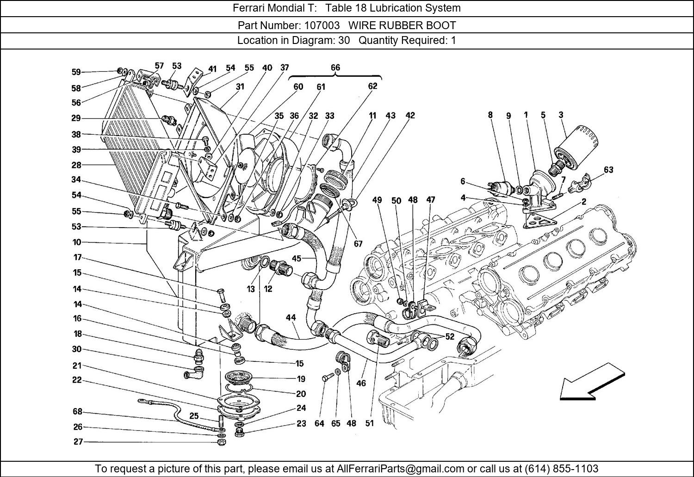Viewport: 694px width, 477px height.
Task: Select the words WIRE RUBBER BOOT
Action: tap(402, 25)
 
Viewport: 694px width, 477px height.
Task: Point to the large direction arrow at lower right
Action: tap(592, 381)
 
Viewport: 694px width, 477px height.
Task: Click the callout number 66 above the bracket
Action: tap(335, 68)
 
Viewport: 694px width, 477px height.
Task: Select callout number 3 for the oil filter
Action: tap(561, 115)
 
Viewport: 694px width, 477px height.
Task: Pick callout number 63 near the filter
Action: tap(608, 170)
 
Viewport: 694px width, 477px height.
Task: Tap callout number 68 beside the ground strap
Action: tap(77, 412)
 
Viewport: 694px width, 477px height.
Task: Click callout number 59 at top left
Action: tap(76, 72)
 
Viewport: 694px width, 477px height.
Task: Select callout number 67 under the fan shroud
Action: tap(358, 243)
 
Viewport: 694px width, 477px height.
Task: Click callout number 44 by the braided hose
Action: tap(291, 318)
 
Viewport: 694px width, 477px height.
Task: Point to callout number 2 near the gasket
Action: tap(583, 202)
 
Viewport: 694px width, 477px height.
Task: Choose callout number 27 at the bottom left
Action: tap(78, 442)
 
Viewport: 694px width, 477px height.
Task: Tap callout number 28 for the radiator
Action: tap(76, 165)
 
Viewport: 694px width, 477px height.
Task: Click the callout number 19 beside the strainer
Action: tap(301, 379)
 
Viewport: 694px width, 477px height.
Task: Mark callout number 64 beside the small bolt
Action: tap(319, 423)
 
